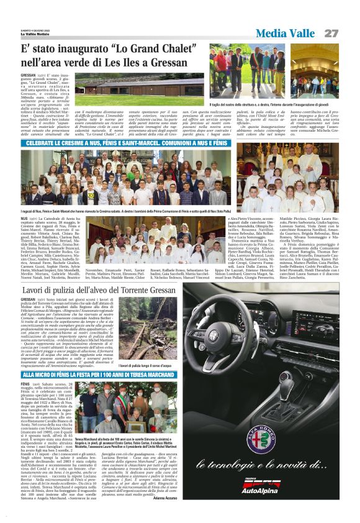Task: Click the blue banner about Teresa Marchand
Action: pos(98,375)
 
